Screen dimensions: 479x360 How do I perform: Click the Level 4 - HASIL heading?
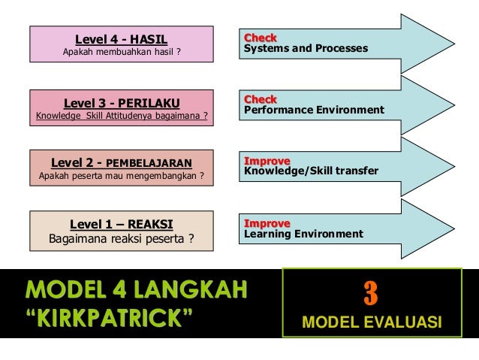coord(121,39)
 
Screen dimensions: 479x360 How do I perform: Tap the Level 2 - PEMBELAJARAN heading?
coord(121,162)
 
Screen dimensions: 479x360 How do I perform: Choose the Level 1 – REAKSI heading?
coord(121,224)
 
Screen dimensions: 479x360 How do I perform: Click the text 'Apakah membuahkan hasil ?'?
coord(122,52)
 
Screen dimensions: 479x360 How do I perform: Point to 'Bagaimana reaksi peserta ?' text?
coord(121,240)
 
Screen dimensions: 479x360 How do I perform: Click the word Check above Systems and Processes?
coord(260,38)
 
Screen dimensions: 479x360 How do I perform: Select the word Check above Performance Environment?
coord(260,99)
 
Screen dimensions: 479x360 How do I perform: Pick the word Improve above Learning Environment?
coord(267,223)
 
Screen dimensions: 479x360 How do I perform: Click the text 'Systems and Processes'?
coord(306,49)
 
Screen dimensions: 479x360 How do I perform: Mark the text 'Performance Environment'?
coord(314,110)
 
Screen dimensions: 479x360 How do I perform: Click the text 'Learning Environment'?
coord(303,234)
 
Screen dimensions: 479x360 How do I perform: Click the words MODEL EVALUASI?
coord(371,324)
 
